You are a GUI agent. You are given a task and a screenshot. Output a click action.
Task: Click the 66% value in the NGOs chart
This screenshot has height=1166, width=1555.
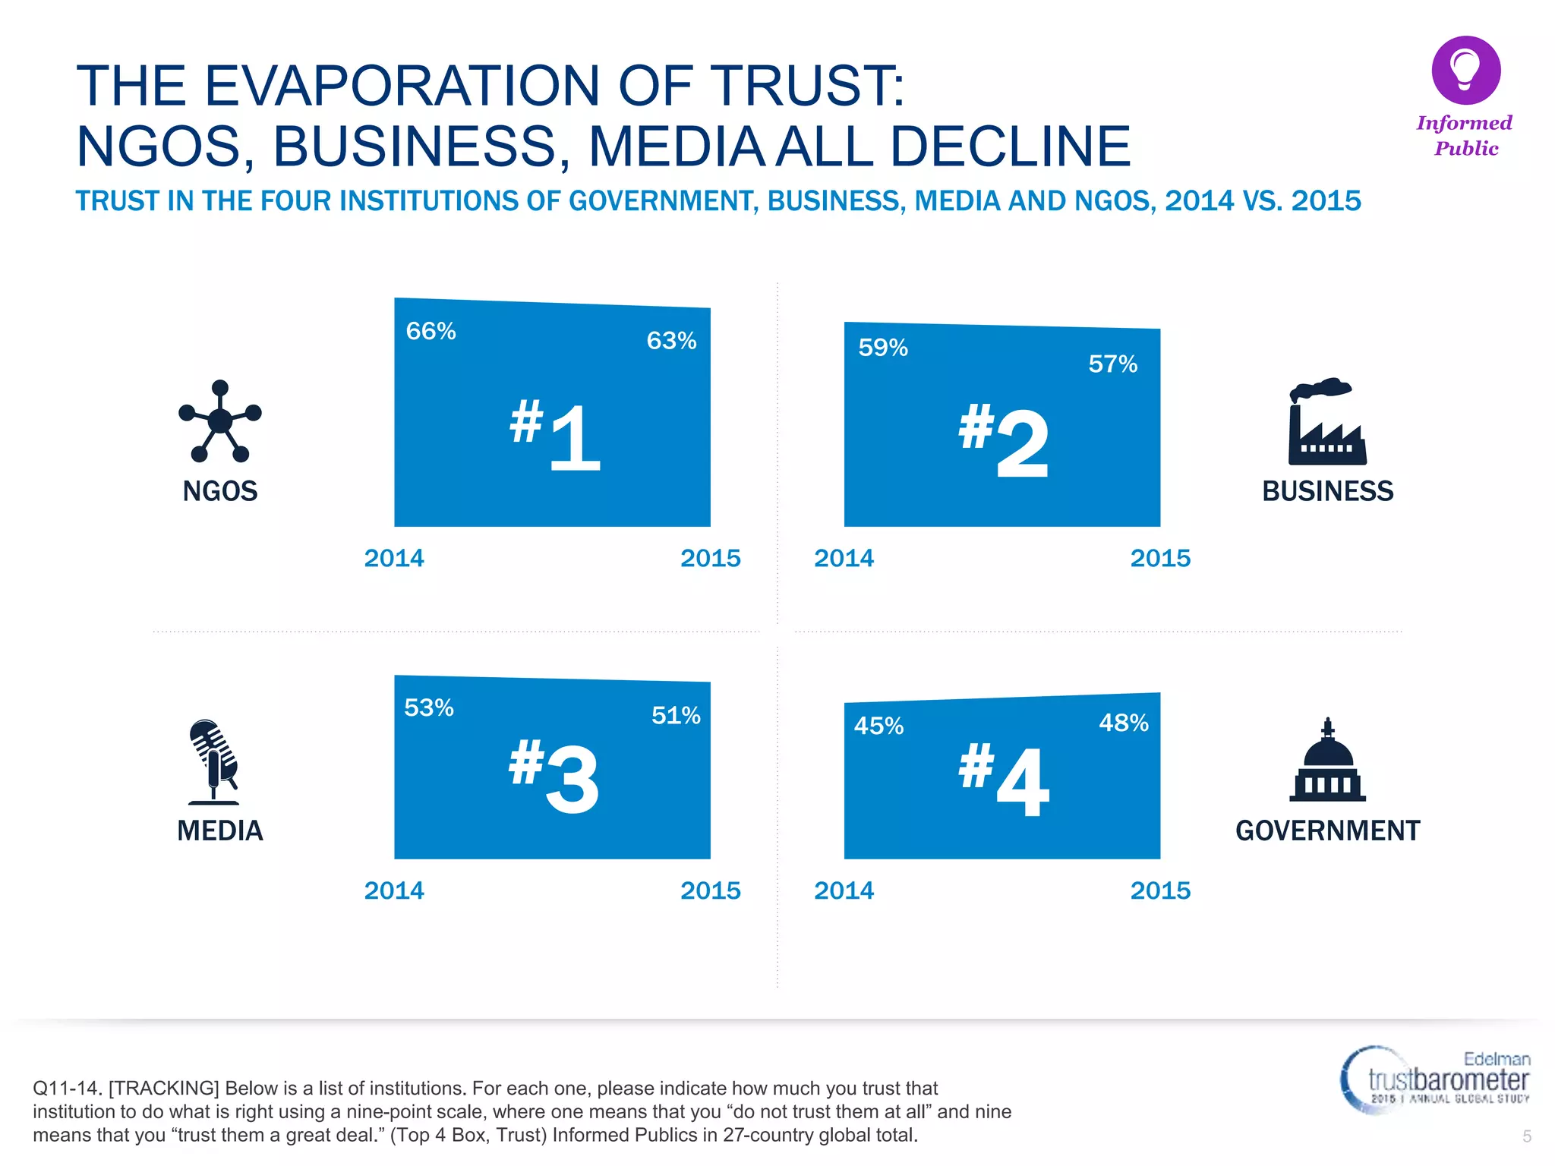coord(431,331)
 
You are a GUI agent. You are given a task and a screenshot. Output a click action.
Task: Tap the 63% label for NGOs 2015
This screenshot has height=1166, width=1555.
coord(671,340)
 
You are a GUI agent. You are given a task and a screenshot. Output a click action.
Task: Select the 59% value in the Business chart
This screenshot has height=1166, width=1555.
coord(883,348)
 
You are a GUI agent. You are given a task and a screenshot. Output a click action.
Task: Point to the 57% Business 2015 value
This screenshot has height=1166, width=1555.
coord(1112,364)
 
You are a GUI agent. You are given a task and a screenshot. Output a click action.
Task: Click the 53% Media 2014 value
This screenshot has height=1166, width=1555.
coord(429,707)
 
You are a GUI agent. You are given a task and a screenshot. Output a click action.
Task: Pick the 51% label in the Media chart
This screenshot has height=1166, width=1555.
coord(676,715)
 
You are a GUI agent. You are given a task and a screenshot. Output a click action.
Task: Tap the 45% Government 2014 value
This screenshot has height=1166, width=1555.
coord(878,726)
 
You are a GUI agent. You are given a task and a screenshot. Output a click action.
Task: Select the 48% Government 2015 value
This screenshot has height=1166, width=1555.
coord(1124,723)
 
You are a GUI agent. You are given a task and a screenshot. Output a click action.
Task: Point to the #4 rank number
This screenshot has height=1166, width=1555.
coord(1004,780)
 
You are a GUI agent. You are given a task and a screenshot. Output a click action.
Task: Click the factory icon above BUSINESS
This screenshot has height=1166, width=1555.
coord(1326,422)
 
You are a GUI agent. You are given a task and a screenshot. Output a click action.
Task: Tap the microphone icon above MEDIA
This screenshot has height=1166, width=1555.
coord(214,761)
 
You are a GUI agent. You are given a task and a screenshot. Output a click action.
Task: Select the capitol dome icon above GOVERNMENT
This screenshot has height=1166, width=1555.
coord(1327,761)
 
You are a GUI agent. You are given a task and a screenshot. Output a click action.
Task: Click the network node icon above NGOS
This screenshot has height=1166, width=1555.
coord(219,421)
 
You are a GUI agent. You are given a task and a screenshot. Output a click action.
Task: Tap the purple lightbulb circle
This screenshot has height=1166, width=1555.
coord(1465,71)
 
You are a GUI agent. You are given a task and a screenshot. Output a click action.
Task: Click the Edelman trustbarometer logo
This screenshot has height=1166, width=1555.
coord(1435,1079)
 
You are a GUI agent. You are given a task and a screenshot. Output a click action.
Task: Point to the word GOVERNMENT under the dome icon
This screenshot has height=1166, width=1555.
coord(1327,830)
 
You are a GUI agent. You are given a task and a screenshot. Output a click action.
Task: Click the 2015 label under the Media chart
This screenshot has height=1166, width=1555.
coord(710,890)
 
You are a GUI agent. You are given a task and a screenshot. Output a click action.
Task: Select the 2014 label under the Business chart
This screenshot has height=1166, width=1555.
coord(844,558)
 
